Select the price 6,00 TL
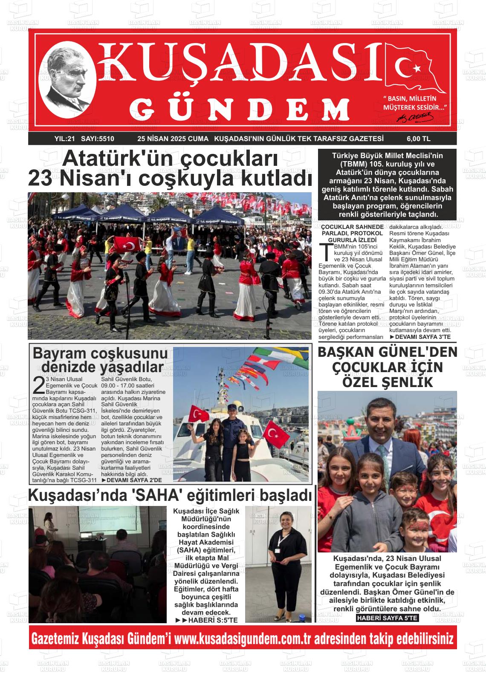418,139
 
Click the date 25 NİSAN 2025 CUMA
173,139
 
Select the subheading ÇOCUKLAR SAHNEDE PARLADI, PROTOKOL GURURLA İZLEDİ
352,234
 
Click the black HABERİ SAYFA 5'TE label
387,618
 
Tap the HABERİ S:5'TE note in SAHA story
206,620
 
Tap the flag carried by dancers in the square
127,244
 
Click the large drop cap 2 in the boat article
39,385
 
